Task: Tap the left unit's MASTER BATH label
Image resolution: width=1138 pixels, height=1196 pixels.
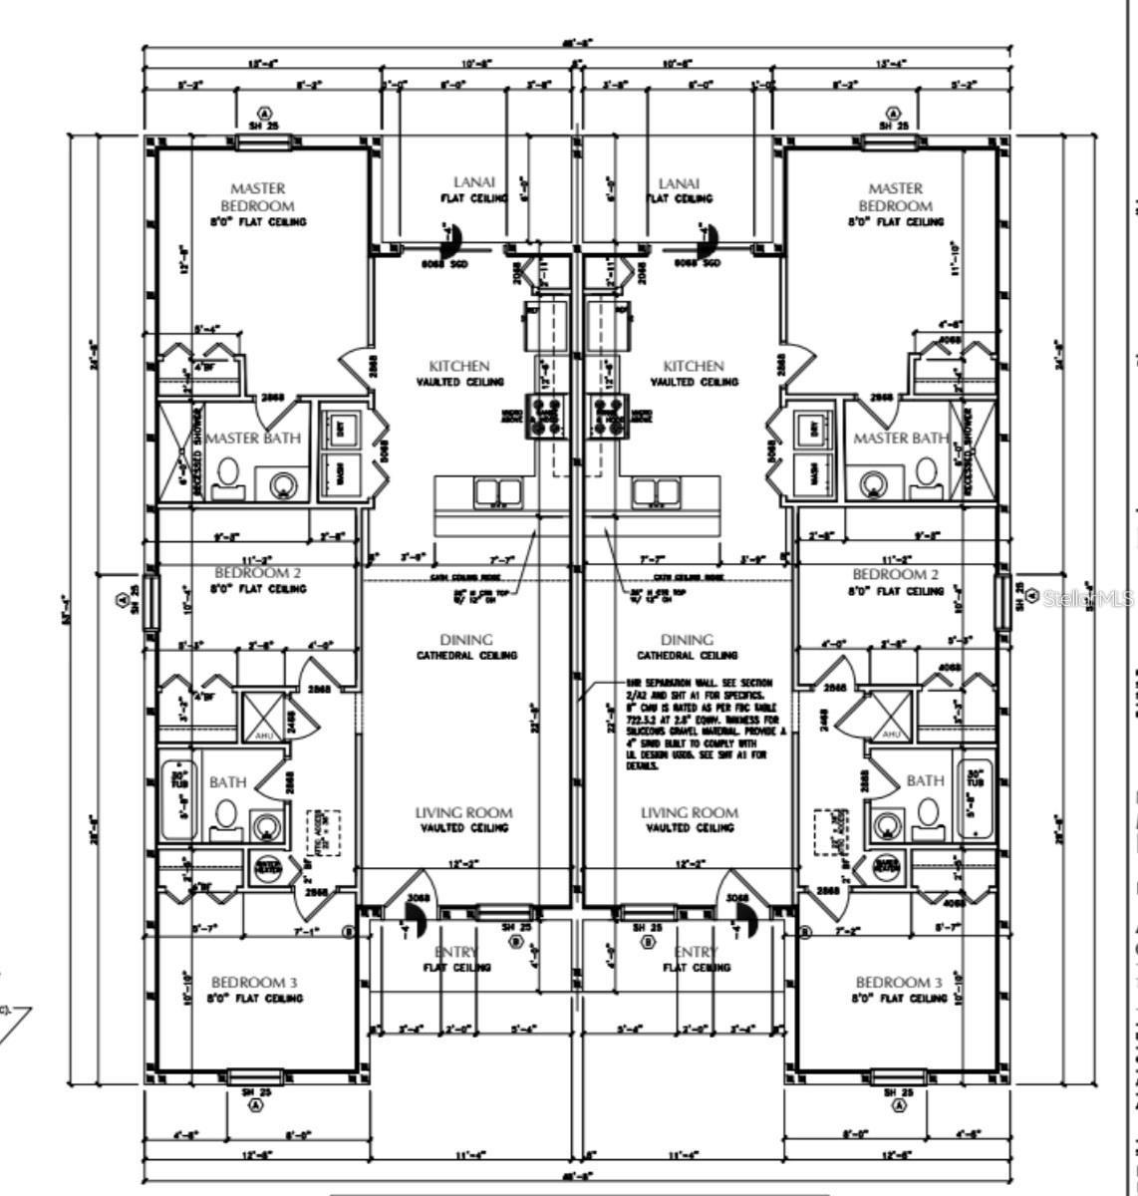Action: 253,438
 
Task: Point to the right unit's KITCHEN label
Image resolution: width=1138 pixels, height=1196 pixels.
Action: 694,366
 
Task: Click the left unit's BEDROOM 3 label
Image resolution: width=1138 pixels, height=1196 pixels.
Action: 255,982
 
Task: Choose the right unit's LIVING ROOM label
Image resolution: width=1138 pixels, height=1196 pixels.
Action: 689,812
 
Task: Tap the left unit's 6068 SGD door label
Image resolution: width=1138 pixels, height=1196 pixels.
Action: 444,264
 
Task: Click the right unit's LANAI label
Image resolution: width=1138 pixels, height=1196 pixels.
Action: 679,182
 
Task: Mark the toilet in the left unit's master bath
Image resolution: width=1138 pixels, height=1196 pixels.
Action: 227,474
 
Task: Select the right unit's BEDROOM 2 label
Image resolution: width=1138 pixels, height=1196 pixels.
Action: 895,574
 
